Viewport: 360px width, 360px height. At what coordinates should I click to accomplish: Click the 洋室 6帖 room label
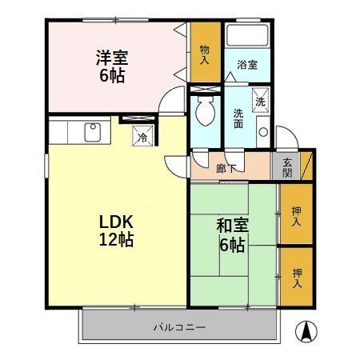[112, 66]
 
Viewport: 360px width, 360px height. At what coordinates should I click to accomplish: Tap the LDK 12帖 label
[116, 231]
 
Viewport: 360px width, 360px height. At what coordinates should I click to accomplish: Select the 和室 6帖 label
[233, 235]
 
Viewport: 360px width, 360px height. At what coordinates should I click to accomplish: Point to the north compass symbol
[306, 331]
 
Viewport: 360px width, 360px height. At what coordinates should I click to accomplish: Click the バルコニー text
[179, 327]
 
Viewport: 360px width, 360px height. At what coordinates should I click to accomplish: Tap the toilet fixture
[205, 111]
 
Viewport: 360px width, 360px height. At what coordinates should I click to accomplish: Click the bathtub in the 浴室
[247, 35]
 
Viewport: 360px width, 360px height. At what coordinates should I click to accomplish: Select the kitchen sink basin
[93, 132]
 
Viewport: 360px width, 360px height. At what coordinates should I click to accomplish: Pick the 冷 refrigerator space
[143, 136]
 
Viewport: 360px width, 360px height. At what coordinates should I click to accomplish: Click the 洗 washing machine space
[261, 101]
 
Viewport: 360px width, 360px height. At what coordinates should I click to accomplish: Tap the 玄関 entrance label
[287, 168]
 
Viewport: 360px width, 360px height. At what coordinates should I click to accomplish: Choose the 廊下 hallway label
[226, 168]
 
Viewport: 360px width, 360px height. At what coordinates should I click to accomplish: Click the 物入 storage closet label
[205, 54]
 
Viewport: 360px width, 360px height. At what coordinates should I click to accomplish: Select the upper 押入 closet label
[297, 216]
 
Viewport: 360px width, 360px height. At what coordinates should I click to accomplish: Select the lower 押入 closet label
[297, 278]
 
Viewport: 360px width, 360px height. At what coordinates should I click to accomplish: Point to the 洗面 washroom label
[238, 118]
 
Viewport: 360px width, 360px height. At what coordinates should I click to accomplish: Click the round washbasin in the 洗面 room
[263, 132]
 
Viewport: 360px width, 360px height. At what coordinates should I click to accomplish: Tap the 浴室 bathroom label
[247, 65]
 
